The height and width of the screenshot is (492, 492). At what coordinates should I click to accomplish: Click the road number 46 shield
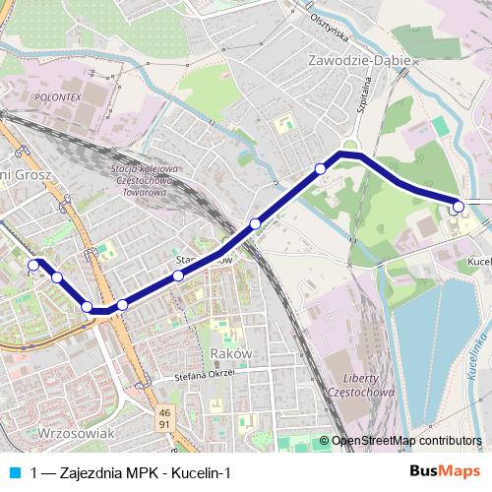click(x=164, y=412)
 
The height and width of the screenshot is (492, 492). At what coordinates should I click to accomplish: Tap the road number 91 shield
click(x=164, y=424)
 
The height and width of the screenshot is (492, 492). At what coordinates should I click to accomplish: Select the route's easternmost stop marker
click(x=457, y=208)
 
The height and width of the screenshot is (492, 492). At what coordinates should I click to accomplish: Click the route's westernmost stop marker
click(x=34, y=264)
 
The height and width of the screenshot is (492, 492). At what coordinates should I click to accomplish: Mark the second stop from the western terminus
click(x=57, y=277)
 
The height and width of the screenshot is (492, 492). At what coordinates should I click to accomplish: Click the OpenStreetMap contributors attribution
click(x=405, y=441)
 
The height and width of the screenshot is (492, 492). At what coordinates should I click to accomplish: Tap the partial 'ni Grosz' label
click(x=20, y=174)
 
